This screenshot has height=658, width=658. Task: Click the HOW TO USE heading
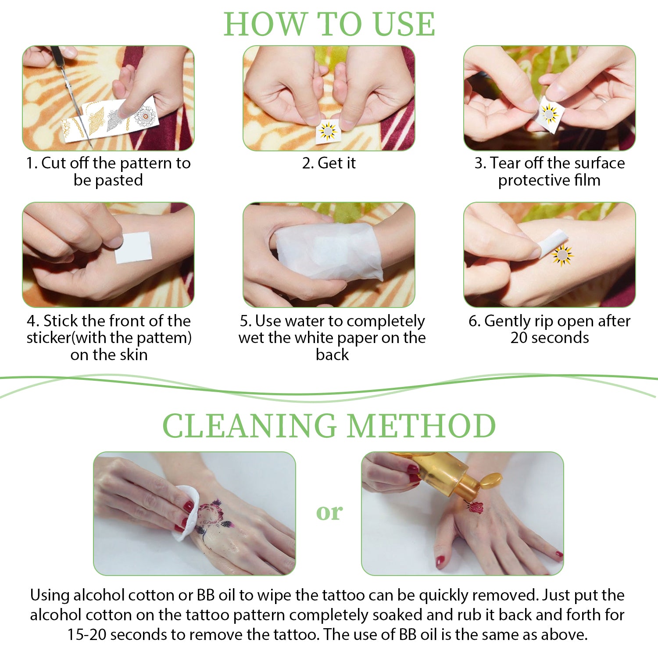click(x=329, y=24)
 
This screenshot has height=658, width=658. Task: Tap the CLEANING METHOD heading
click(x=329, y=426)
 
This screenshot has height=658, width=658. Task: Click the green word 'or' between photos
click(x=329, y=512)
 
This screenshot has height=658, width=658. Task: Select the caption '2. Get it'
click(x=329, y=163)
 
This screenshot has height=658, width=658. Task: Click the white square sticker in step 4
click(x=133, y=248)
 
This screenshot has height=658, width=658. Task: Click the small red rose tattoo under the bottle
click(x=476, y=508)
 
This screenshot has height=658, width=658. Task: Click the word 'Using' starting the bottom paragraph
click(x=50, y=596)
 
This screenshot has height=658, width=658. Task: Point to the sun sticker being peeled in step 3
click(x=548, y=114)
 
